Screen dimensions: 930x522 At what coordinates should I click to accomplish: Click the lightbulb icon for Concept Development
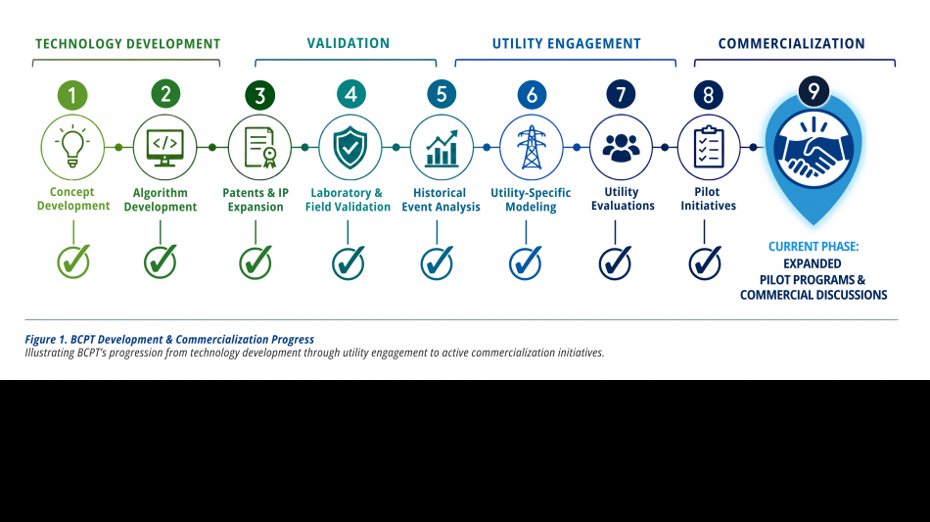[72, 146]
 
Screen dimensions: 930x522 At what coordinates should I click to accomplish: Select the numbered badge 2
[165, 94]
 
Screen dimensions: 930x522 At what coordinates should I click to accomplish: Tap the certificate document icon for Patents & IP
[259, 147]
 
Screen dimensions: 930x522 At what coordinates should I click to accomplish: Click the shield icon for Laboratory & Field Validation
[349, 147]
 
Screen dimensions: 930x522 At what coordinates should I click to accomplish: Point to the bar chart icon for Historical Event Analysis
[442, 148]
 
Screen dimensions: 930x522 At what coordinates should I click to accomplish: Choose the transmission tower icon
[532, 147]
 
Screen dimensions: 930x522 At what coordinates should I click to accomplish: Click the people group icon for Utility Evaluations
[621, 148]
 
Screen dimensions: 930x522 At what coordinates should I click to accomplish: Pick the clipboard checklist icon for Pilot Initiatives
[709, 147]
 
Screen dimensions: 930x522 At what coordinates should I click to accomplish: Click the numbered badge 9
[814, 91]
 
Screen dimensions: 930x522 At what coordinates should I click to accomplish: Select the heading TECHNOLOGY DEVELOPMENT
[127, 44]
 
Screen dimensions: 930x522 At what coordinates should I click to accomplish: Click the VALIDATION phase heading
[349, 43]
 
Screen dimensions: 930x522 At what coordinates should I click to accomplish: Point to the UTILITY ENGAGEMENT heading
[567, 44]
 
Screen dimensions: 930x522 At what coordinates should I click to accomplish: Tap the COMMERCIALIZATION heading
[791, 44]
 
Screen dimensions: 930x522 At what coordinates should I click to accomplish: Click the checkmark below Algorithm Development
[161, 261]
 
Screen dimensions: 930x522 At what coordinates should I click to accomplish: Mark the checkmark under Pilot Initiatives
[705, 262]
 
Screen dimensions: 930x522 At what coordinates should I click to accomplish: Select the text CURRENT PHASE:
[814, 247]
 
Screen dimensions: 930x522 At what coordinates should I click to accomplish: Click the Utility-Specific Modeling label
[531, 200]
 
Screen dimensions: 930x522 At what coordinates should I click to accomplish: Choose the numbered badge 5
[442, 94]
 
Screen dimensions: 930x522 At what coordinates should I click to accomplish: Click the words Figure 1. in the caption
[46, 339]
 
